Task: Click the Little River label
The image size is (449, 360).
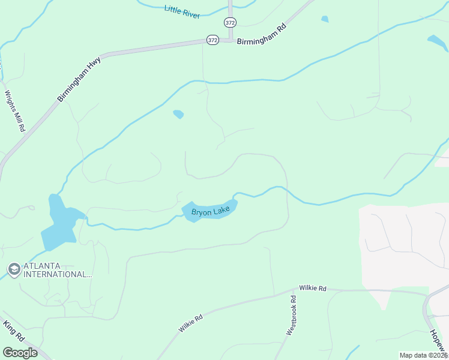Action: click(x=182, y=11)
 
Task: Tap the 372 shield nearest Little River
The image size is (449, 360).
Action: click(x=230, y=22)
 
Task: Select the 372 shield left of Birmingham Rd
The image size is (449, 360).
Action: click(x=212, y=40)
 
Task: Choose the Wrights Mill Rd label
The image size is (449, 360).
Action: click(x=14, y=111)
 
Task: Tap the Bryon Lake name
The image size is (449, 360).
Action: click(x=211, y=211)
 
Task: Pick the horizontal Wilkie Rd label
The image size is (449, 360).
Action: click(x=313, y=289)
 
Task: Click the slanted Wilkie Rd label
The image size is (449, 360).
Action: click(x=191, y=323)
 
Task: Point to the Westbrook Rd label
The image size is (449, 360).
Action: click(x=292, y=315)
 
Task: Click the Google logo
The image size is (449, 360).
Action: click(x=20, y=352)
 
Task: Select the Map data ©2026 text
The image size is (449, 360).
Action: click(x=424, y=355)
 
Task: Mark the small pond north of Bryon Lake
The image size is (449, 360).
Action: click(x=178, y=114)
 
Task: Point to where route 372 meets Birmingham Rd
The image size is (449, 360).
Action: click(x=230, y=40)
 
